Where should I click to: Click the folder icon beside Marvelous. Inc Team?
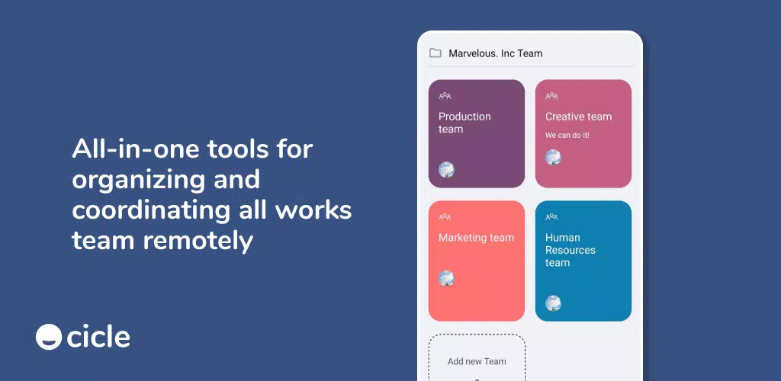pos(435,53)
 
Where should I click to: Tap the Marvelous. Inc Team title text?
pos(496,53)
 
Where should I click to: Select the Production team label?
pos(464,123)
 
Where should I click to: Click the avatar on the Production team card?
pos(446,170)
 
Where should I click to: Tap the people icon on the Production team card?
pos(445,96)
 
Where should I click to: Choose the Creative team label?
pos(578,117)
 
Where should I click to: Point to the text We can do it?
pos(567,135)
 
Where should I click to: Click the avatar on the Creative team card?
pos(553,157)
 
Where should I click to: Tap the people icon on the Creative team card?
pos(551,96)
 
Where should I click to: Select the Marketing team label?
pos(476,238)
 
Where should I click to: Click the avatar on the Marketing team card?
pos(446,278)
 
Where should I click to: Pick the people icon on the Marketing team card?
pos(445,217)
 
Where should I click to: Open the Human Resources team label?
pos(570,250)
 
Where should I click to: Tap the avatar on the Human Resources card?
pos(553,303)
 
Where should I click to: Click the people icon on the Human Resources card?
pos(551,217)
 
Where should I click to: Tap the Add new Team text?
pos(477,362)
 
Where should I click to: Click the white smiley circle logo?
pos(49,337)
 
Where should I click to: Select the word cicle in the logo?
pos(98,337)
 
